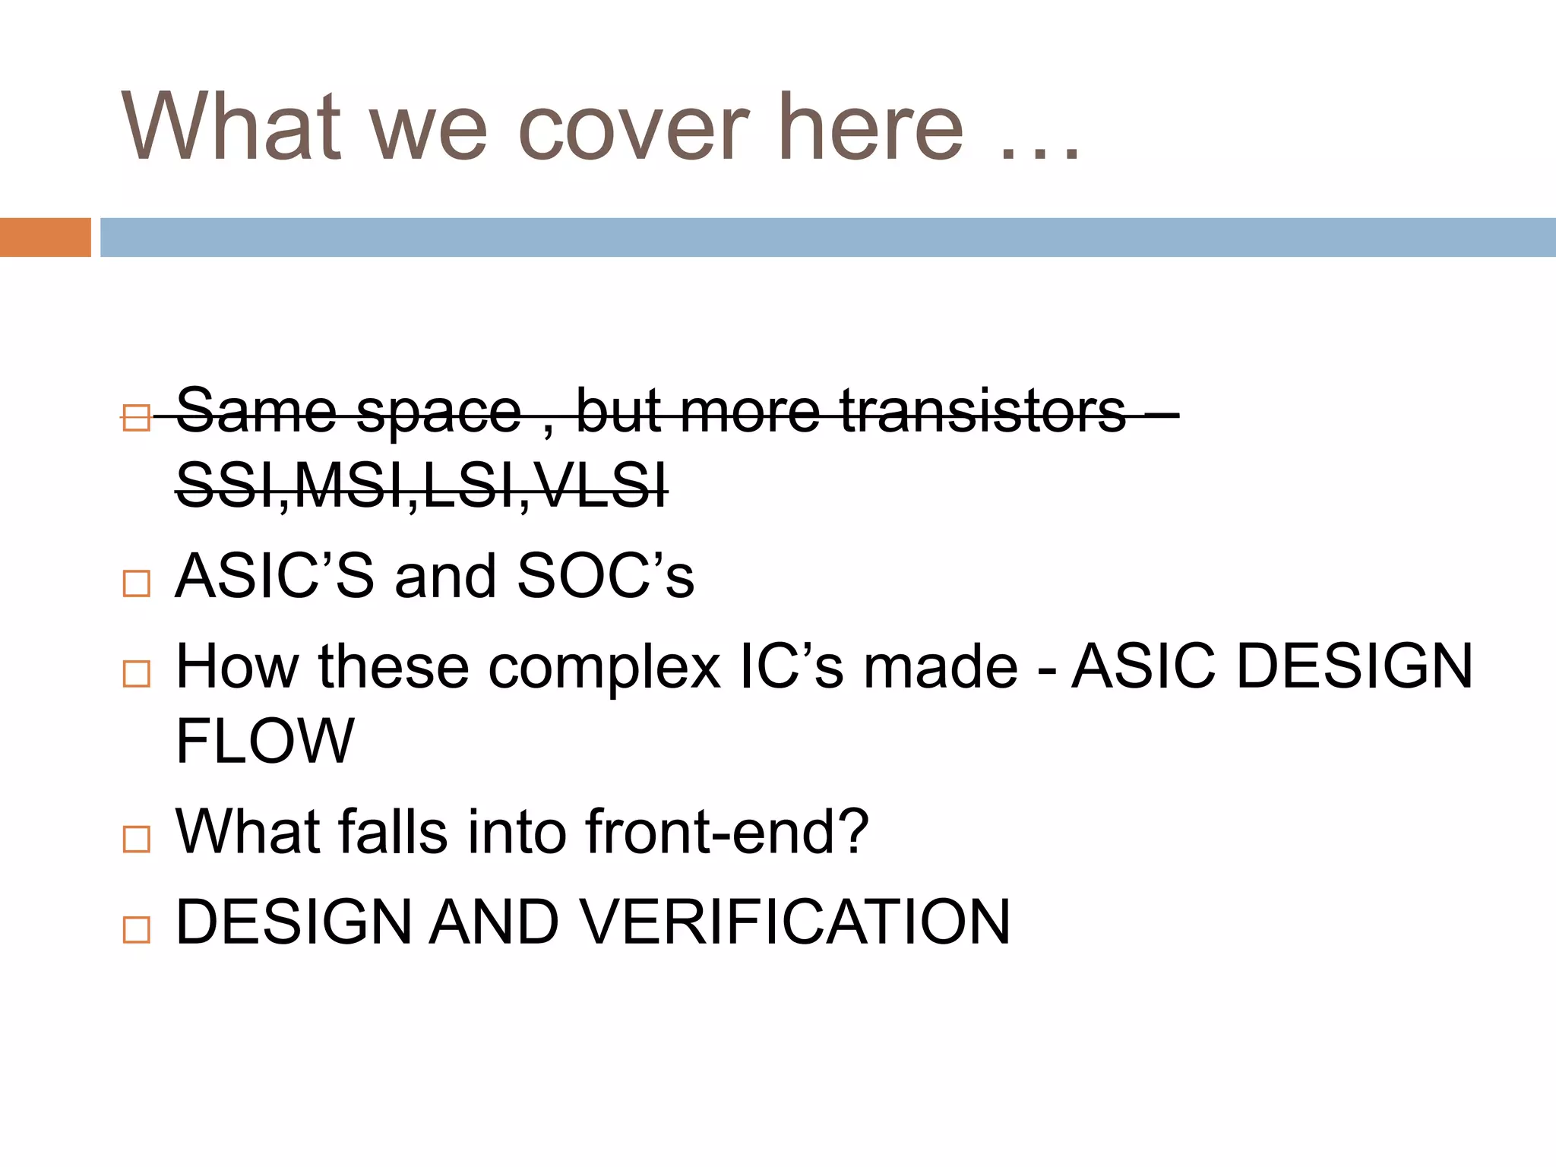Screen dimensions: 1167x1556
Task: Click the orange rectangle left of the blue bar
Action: click(x=45, y=237)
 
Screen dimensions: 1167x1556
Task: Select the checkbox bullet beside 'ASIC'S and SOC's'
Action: click(x=137, y=583)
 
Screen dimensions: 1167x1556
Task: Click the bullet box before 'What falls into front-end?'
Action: click(x=137, y=839)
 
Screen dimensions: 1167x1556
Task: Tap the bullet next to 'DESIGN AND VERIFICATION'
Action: click(x=137, y=929)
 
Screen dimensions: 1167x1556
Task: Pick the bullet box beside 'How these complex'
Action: click(x=137, y=673)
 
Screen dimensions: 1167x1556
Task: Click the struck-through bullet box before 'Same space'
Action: click(x=137, y=417)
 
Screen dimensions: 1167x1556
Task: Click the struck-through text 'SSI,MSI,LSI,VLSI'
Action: click(x=422, y=485)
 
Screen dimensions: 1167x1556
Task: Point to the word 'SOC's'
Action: click(x=605, y=576)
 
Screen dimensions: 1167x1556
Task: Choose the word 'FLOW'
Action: click(x=264, y=740)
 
